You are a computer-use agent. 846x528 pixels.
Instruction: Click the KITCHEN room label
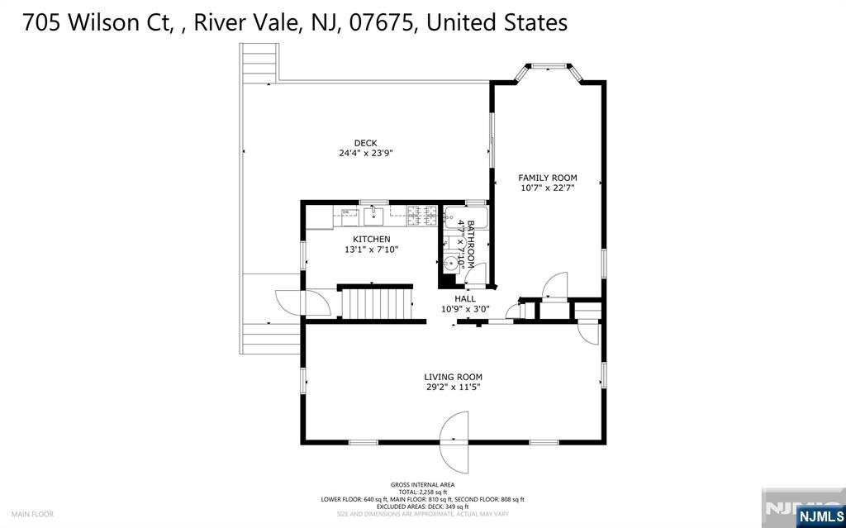(371, 239)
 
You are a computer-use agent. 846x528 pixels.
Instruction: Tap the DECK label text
(365, 143)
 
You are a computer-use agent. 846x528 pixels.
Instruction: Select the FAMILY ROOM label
(547, 178)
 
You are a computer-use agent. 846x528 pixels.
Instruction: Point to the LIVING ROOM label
(453, 377)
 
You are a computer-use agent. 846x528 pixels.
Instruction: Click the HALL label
(465, 299)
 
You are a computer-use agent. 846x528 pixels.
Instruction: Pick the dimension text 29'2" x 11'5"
(453, 387)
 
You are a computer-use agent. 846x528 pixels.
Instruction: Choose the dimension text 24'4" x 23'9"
(365, 153)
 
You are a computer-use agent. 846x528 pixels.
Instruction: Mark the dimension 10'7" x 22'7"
(547, 188)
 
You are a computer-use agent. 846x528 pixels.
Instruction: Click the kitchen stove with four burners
(422, 217)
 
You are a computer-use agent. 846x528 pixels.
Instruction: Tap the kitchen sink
(374, 216)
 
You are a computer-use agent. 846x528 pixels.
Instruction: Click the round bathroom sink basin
(449, 262)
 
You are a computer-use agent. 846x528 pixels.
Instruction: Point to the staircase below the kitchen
(376, 302)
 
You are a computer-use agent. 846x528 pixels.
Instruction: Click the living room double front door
(455, 442)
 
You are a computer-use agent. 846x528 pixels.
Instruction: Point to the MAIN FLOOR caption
(33, 514)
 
